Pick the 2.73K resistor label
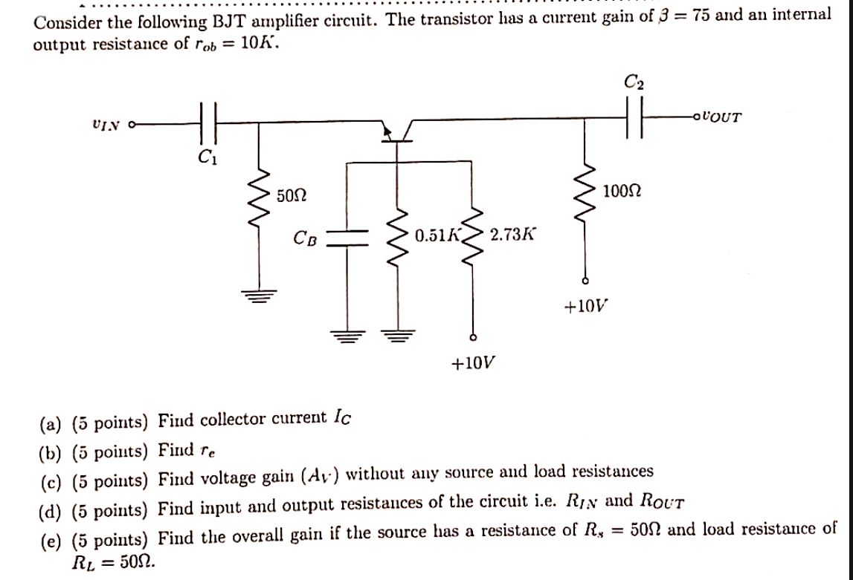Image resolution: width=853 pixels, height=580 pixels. (x=512, y=235)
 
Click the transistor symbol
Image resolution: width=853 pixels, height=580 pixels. (x=396, y=132)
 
